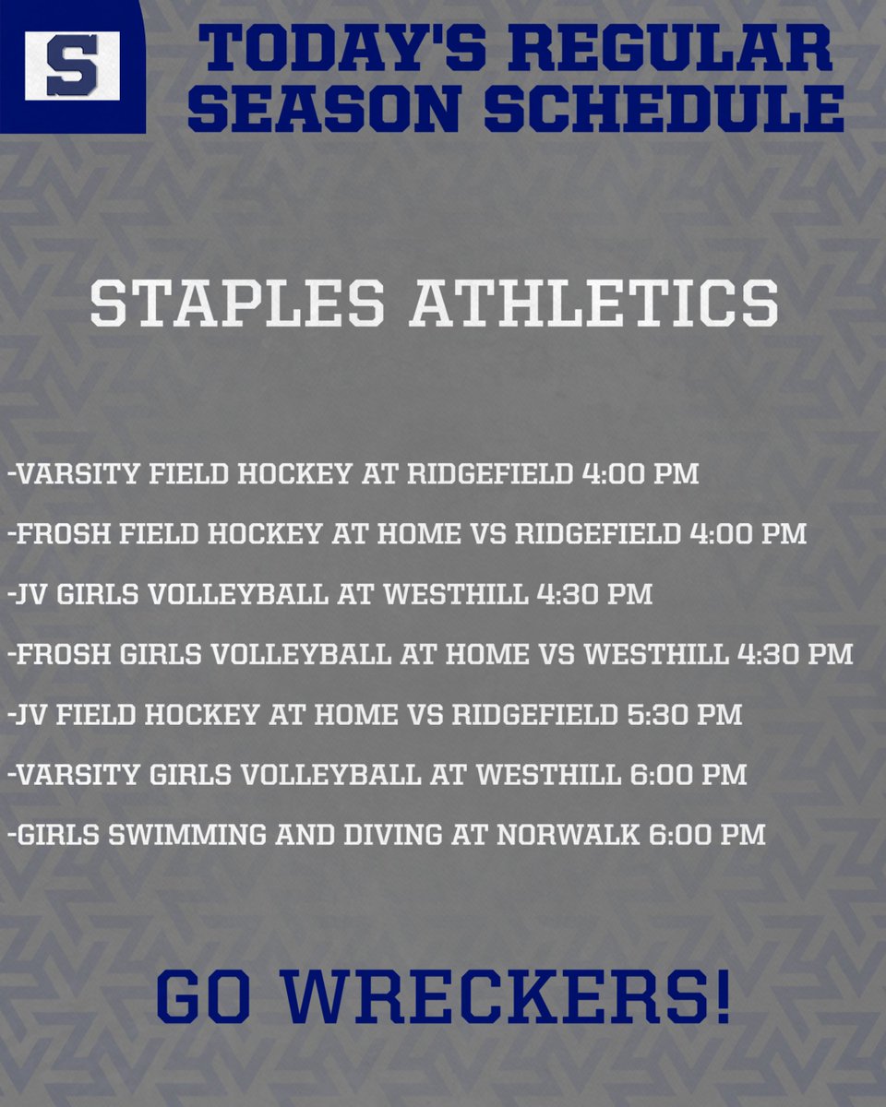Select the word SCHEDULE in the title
tap(663, 110)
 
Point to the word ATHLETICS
tap(594, 303)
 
